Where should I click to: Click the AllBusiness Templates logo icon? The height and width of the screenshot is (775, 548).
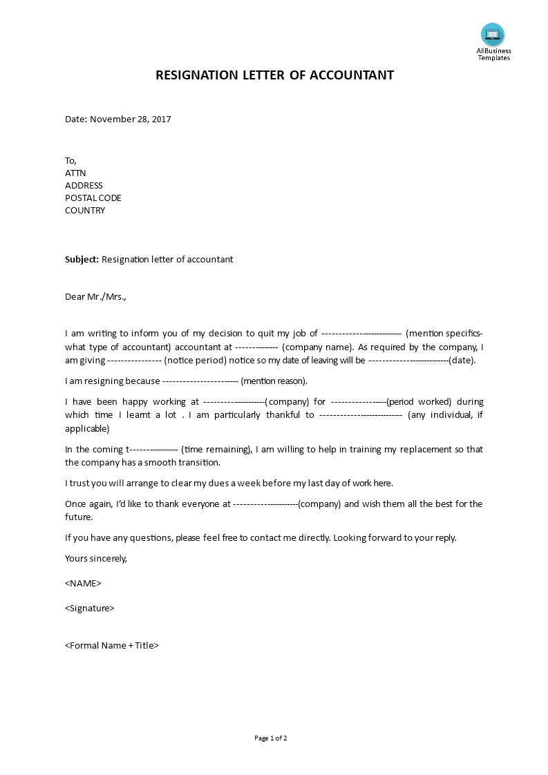coord(493,35)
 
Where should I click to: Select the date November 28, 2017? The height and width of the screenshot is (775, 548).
coord(130,119)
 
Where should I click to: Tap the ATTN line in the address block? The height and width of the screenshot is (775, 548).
coord(75,173)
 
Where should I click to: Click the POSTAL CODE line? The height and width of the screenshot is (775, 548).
coord(93,198)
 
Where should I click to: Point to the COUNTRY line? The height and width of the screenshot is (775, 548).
coord(85,210)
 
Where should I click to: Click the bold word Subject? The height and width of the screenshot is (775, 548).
coord(82,260)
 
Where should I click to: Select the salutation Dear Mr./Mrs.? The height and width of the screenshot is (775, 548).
coord(95,297)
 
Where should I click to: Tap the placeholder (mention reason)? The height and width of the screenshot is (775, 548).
coord(274,381)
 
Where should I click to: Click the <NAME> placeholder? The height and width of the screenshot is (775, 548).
coord(83,583)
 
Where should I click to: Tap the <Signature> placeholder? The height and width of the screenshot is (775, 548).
coord(89,609)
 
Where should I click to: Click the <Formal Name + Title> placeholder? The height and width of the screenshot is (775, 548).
coord(112,646)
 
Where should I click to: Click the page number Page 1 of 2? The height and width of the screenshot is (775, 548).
coord(270,738)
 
